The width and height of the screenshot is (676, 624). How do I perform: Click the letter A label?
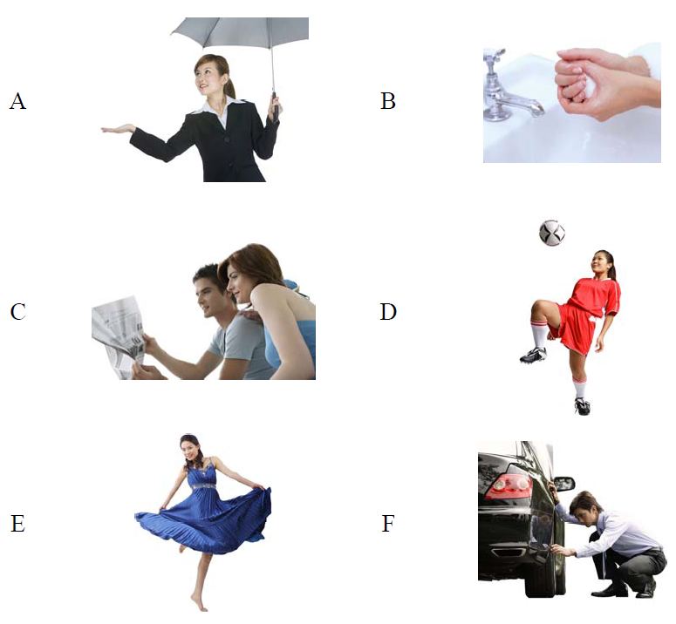click(17, 102)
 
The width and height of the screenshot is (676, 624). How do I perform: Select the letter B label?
click(388, 102)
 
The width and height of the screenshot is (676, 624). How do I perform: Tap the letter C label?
click(17, 312)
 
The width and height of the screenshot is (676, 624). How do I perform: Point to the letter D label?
click(388, 312)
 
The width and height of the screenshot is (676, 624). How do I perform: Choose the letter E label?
click(17, 524)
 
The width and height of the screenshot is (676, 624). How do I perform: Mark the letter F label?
click(388, 524)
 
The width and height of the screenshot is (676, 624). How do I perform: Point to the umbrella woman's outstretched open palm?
click(117, 129)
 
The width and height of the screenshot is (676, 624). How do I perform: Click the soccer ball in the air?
click(552, 233)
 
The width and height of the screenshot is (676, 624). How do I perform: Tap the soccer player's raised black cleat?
click(533, 355)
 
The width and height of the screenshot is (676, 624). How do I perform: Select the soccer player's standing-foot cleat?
click(582, 406)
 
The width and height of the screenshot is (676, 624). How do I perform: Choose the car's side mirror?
click(563, 483)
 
